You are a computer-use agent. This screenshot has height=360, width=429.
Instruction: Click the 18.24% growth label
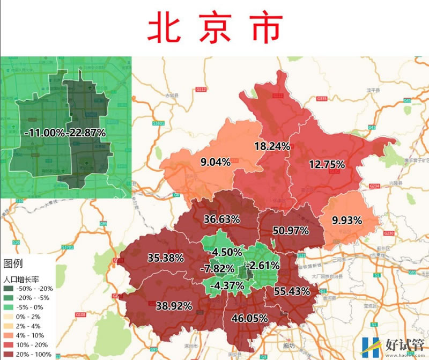pos(272,146)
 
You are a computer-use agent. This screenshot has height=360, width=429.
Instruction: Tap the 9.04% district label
pos(215,161)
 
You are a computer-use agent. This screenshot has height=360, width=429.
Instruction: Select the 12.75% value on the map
pos(326,165)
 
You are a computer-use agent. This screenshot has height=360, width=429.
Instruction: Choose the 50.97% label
pos(290,231)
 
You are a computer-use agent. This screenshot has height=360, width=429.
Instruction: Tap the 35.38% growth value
pos(166,258)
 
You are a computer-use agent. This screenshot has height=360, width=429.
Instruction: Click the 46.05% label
pos(249,318)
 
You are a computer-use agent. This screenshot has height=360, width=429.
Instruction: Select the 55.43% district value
pos(291,291)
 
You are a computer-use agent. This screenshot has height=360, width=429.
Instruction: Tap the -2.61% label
pos(262,266)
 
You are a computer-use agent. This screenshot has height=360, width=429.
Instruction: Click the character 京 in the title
pos(215,27)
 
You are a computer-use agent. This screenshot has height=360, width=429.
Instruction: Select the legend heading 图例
pos(14,263)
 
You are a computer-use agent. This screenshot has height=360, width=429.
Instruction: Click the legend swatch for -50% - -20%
pos(11,289)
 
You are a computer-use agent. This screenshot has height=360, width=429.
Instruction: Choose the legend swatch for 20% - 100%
pos(11,354)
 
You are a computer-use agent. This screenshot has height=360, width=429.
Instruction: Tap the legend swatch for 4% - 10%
pos(11,335)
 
